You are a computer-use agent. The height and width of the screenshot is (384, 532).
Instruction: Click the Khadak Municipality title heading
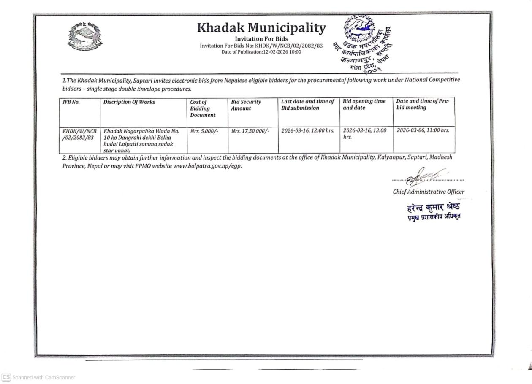click(x=261, y=28)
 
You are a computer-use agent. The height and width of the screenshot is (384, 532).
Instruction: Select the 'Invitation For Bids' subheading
click(x=261, y=39)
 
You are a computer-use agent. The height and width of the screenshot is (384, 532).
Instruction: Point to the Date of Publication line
click(x=261, y=52)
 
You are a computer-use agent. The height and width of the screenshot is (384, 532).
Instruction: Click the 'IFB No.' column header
click(x=71, y=102)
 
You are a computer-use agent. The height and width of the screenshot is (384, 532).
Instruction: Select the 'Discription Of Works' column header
click(x=129, y=102)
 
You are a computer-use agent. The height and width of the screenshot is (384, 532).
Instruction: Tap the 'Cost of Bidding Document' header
click(x=203, y=108)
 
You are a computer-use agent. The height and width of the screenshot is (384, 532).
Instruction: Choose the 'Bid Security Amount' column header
click(x=246, y=105)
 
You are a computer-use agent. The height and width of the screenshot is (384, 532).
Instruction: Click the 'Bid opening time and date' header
click(x=364, y=105)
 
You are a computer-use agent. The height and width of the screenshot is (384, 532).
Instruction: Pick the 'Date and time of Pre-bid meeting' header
click(x=422, y=104)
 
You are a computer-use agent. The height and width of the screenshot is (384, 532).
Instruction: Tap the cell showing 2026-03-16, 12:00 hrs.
click(x=308, y=131)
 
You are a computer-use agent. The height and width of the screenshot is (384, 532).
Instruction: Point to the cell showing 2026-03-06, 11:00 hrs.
click(x=423, y=130)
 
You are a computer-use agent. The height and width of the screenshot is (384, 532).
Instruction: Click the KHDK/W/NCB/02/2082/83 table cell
click(x=79, y=134)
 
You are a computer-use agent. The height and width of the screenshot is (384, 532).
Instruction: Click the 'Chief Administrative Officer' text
click(x=429, y=192)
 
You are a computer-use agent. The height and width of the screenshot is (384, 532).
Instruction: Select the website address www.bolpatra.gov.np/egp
click(x=207, y=165)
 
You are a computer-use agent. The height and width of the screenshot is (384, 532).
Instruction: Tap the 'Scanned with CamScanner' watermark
click(x=39, y=377)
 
